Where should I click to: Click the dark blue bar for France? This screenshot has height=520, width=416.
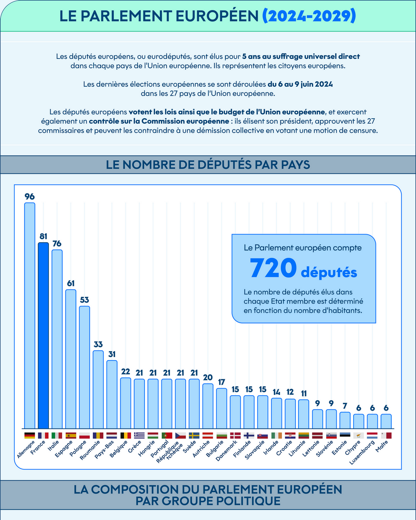coord(43,335)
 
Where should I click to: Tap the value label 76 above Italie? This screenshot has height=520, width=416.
coord(57,243)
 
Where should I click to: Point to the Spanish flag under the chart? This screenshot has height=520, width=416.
coord(71,435)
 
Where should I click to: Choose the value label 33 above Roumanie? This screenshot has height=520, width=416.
coord(98,344)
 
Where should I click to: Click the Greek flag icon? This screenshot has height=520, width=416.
coord(139,435)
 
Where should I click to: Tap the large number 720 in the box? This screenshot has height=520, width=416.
coord(273,268)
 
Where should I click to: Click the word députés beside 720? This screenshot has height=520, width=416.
coord(329,272)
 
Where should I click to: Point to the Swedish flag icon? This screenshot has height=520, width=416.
coord(194,435)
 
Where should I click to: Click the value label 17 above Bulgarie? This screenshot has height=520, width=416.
coord(221,382)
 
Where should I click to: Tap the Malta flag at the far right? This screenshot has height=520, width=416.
coord(386,435)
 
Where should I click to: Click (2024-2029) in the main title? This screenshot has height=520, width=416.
coord(309,16)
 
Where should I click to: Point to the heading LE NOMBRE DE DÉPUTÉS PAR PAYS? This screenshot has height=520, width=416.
coord(208,164)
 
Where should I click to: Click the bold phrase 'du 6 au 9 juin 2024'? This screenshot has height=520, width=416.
coord(300,84)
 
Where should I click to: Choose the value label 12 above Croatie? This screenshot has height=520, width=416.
coord(290,392)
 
